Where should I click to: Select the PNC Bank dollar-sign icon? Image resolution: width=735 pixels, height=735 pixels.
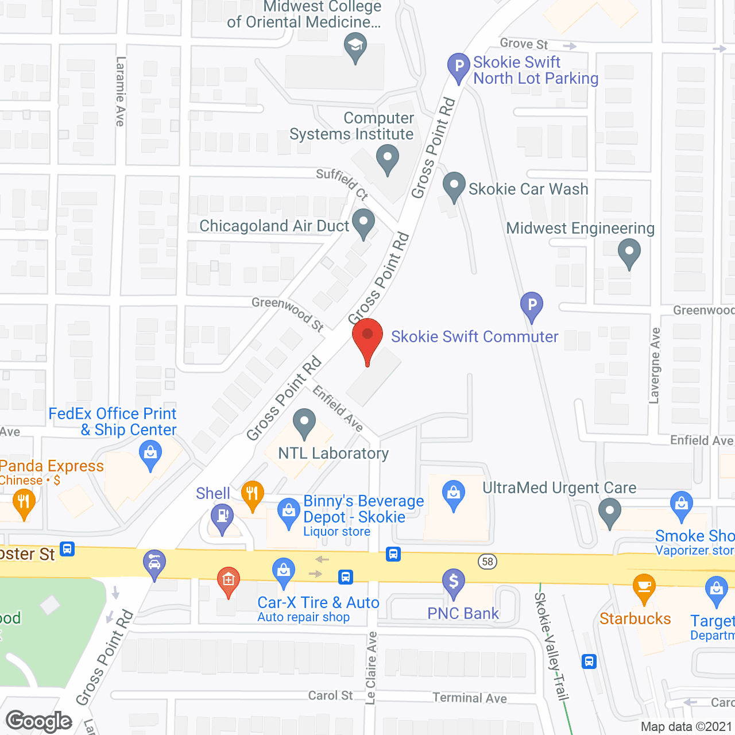(454, 582)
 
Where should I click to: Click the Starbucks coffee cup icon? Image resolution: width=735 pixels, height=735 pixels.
(644, 586)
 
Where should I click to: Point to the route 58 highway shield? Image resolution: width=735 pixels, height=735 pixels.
(488, 561)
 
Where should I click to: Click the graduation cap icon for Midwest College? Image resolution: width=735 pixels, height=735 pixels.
(355, 46)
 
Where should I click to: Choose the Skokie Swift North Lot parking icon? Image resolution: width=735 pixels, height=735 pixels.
(459, 67)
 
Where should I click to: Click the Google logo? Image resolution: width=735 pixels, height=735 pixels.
(39, 721)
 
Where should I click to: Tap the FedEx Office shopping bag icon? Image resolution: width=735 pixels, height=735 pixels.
(150, 454)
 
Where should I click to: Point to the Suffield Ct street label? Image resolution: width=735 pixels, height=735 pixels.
(342, 183)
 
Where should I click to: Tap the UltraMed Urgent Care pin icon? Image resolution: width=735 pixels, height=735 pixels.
(610, 511)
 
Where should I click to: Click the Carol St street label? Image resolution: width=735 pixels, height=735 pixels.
(330, 695)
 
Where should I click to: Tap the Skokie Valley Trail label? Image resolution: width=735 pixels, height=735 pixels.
(551, 646)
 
